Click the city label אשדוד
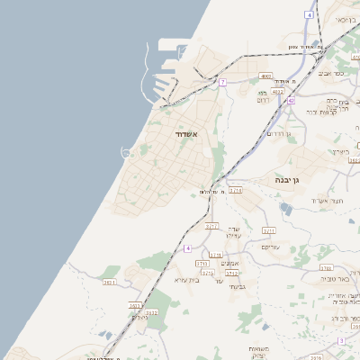tap(192, 134)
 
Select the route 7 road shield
tap(221, 82)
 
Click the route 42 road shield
tap(291, 101)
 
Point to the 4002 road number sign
tap(265, 76)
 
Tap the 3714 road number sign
tap(235, 191)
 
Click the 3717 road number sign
tap(211, 227)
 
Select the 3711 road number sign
tap(215, 256)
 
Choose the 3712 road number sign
tap(232, 273)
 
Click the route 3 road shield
tap(341, 341)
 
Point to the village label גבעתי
tap(238, 286)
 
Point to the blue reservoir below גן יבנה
tap(285, 208)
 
